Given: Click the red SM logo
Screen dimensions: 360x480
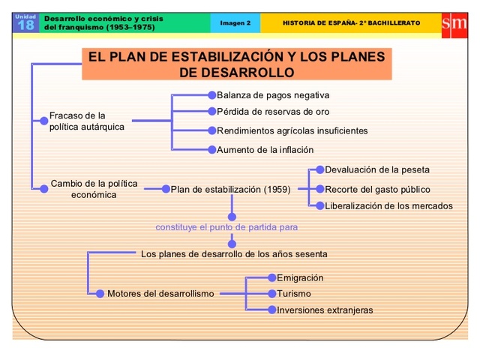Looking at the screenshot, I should pyautogui.click(x=454, y=22).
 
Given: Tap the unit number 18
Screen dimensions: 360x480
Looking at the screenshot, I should pyautogui.click(x=25, y=25).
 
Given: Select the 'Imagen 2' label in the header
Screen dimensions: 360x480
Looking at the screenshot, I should pyautogui.click(x=235, y=22).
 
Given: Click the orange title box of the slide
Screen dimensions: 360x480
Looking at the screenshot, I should pyautogui.click(x=236, y=64).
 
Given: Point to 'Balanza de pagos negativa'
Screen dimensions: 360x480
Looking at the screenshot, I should pyautogui.click(x=273, y=95).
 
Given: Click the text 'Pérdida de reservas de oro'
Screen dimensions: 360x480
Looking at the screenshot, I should pyautogui.click(x=273, y=112).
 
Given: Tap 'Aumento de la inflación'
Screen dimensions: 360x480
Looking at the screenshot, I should pyautogui.click(x=265, y=149).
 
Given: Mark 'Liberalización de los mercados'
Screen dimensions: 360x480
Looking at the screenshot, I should pyautogui.click(x=388, y=205).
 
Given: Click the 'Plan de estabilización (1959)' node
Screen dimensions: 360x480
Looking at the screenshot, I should pyautogui.click(x=230, y=189).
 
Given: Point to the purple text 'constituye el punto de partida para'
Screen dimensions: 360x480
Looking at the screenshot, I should pyautogui.click(x=226, y=226).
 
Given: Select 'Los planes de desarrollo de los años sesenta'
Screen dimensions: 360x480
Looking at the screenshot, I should pyautogui.click(x=234, y=253).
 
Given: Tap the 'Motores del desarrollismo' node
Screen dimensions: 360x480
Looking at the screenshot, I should pyautogui.click(x=160, y=293).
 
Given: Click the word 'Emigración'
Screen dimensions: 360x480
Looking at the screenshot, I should pyautogui.click(x=300, y=277).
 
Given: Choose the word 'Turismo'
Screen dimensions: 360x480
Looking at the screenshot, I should pyautogui.click(x=293, y=294).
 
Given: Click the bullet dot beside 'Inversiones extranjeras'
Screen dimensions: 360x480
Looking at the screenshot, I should pyautogui.click(x=272, y=310).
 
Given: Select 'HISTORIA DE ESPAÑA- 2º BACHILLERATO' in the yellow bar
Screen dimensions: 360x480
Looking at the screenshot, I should pyautogui.click(x=351, y=22).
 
